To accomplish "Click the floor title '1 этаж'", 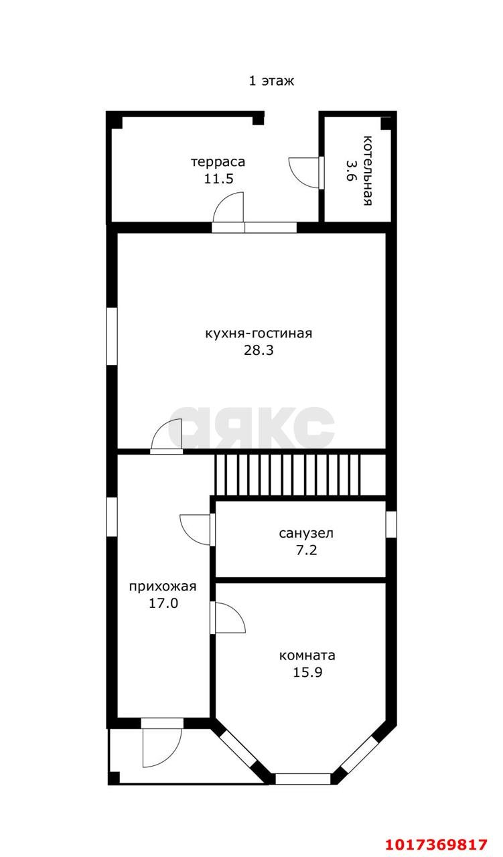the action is pos(271,81).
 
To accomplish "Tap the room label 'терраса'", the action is pos(218,162).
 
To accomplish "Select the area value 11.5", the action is pos(218,179).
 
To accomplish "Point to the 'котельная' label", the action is pos(368,170).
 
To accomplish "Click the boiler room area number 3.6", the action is pos(350,170).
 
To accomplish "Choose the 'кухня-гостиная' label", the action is pos(259,333).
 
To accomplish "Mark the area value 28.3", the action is pos(259,350).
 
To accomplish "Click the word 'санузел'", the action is pos(306,533).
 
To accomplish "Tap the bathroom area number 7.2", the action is pos(307,550).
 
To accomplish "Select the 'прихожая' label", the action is pos(163,587).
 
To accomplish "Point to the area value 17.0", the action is pos(163,603).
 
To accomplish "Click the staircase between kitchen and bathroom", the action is pos(287,475).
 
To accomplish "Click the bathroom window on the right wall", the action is pos(391,524).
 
